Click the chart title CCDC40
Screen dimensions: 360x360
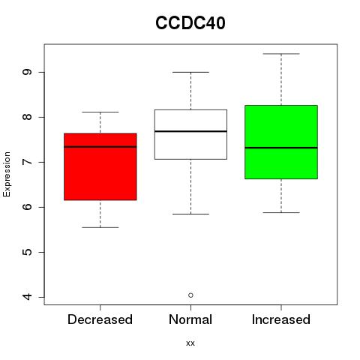(x=190, y=22)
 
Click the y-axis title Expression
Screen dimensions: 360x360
(x=7, y=174)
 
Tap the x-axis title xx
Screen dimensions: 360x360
(x=190, y=343)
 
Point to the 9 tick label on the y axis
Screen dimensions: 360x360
(x=27, y=72)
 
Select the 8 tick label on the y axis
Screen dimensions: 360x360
(x=27, y=117)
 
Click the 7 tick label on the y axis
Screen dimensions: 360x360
(x=27, y=162)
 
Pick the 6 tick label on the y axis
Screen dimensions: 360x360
(x=27, y=207)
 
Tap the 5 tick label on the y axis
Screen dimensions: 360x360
(x=27, y=252)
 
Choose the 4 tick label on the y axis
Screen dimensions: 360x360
(x=27, y=297)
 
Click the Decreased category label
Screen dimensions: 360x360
(x=100, y=319)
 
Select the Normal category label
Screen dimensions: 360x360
(x=190, y=319)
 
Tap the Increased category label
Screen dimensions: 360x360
(x=281, y=319)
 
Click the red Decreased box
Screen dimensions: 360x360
(x=100, y=166)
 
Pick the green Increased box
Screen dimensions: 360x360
(x=281, y=142)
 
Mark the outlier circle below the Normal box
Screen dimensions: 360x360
(x=190, y=295)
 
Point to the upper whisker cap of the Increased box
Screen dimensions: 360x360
(x=281, y=54)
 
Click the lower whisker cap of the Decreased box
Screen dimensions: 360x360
(x=100, y=227)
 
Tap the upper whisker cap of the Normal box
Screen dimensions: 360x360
(x=190, y=72)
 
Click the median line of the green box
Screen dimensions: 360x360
(x=281, y=148)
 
